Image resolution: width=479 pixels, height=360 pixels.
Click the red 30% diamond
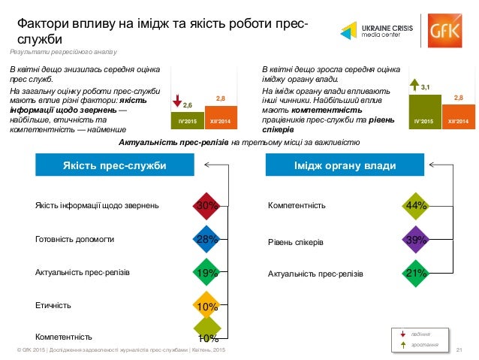pos(206,205)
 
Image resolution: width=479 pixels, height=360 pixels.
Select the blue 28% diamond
pos(206,240)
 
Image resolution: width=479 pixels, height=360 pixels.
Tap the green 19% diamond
pos(206,274)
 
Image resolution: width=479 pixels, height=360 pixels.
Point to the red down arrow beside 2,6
pos(177,101)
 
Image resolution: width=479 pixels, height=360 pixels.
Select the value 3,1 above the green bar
pos(426,88)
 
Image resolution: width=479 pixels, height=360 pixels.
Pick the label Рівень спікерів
pos(296,243)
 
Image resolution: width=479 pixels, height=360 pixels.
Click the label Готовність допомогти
pos(75,240)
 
